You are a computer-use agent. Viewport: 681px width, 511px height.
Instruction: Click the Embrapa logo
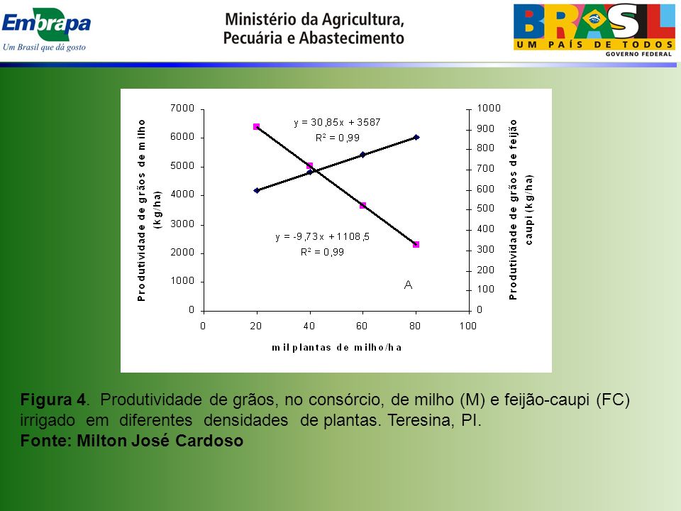(46, 31)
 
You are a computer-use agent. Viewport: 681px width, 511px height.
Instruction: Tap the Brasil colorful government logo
(594, 31)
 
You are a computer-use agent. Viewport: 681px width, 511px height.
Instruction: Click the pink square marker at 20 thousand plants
(256, 127)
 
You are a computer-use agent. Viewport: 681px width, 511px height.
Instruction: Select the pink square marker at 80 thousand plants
(416, 245)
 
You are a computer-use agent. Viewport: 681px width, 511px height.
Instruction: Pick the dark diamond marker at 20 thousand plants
(257, 190)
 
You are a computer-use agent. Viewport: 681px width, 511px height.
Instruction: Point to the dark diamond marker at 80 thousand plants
(416, 137)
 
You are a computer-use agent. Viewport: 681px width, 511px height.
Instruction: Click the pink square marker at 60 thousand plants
(363, 206)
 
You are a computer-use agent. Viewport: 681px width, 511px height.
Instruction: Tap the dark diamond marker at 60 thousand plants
(363, 155)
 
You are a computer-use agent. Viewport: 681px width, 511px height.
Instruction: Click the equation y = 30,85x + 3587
(337, 123)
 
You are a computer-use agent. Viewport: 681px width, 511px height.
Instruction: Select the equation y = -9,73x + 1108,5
(322, 237)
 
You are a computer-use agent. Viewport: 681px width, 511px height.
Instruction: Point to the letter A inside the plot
(408, 285)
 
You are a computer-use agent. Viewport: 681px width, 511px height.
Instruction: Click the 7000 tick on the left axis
(182, 108)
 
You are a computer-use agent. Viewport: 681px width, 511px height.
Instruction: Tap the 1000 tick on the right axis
(489, 108)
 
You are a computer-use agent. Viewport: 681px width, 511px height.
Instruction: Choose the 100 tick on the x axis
(467, 326)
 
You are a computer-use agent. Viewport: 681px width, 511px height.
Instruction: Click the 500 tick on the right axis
(485, 209)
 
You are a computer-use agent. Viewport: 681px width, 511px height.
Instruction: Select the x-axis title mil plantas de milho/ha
(336, 348)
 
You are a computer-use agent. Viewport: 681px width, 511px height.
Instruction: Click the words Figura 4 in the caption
(53, 400)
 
